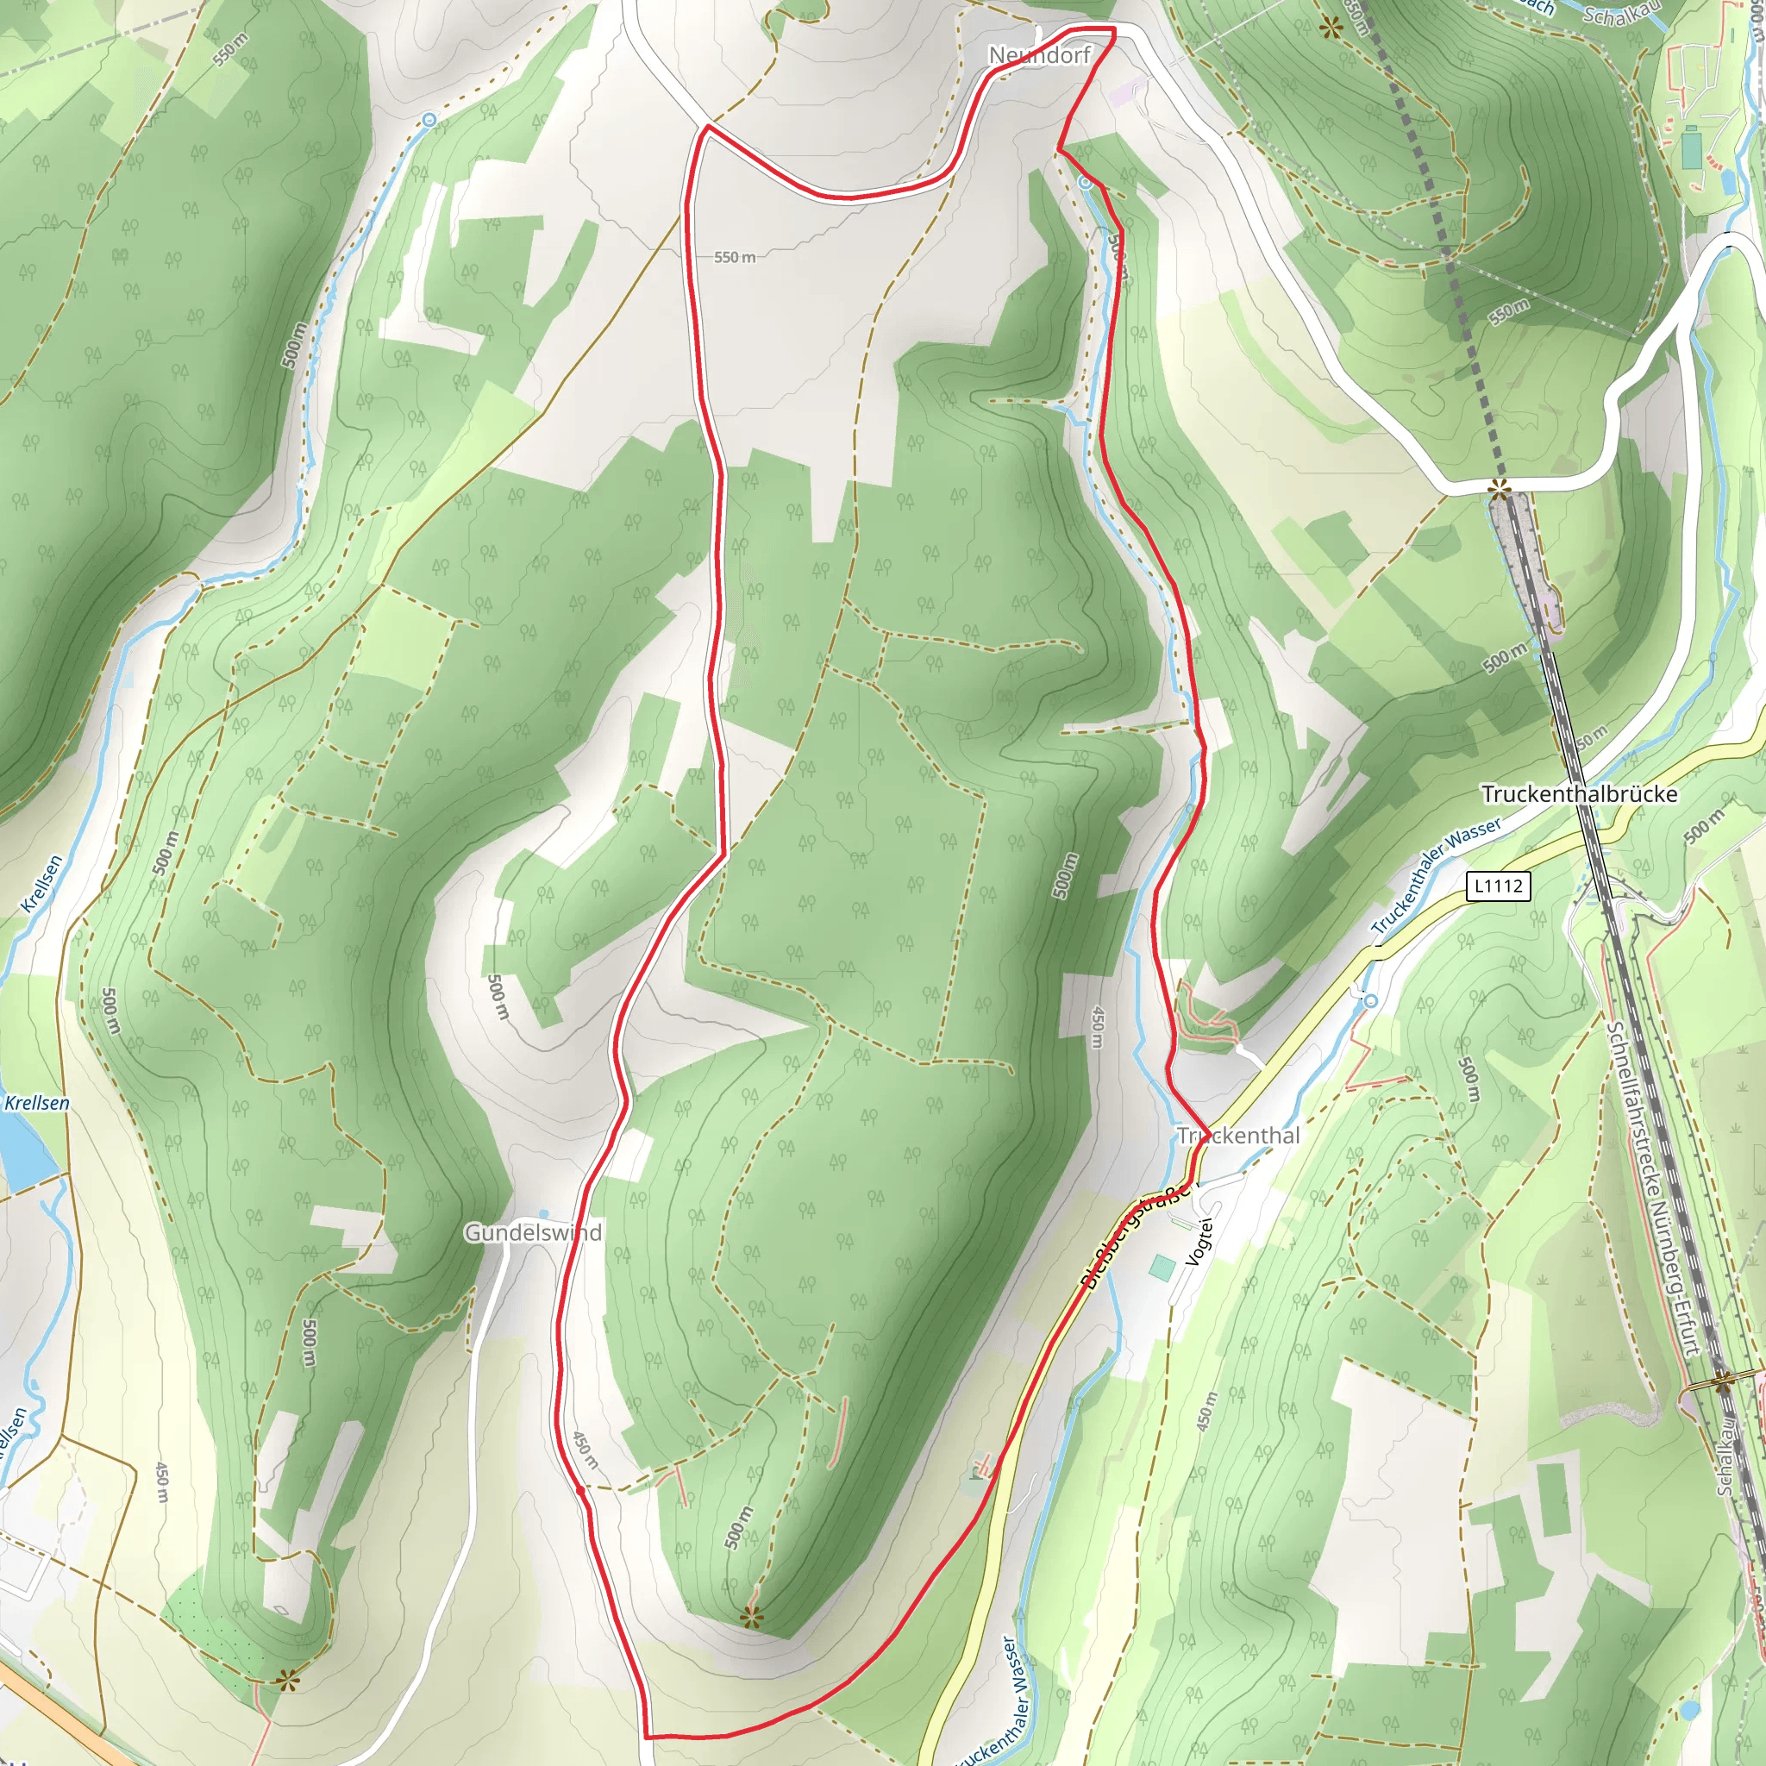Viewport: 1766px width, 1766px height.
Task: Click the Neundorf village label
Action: (1039, 56)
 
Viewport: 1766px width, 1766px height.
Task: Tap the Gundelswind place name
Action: (533, 1232)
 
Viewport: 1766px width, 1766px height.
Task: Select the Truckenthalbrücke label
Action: (1580, 793)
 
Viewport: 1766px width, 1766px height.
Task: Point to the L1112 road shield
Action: (1498, 885)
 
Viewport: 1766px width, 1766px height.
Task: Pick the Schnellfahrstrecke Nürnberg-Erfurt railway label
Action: (1654, 1188)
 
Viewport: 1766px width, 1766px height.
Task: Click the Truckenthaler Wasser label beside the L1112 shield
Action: (1434, 876)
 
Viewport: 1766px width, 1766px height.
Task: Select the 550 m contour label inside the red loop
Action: (735, 258)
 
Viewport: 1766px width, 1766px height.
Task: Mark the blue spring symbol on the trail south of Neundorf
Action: (1084, 183)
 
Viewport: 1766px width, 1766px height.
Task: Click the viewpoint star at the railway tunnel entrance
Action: (1499, 491)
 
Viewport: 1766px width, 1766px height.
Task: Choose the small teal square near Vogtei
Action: (1162, 1268)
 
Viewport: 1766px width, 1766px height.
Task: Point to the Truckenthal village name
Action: (1237, 1136)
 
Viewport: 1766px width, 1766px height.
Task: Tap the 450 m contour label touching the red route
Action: (585, 1450)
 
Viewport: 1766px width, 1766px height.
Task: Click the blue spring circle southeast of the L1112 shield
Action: (1369, 1001)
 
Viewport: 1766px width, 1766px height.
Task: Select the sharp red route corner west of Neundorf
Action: (706, 128)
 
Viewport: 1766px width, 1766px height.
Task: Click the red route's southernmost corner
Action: (646, 1735)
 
